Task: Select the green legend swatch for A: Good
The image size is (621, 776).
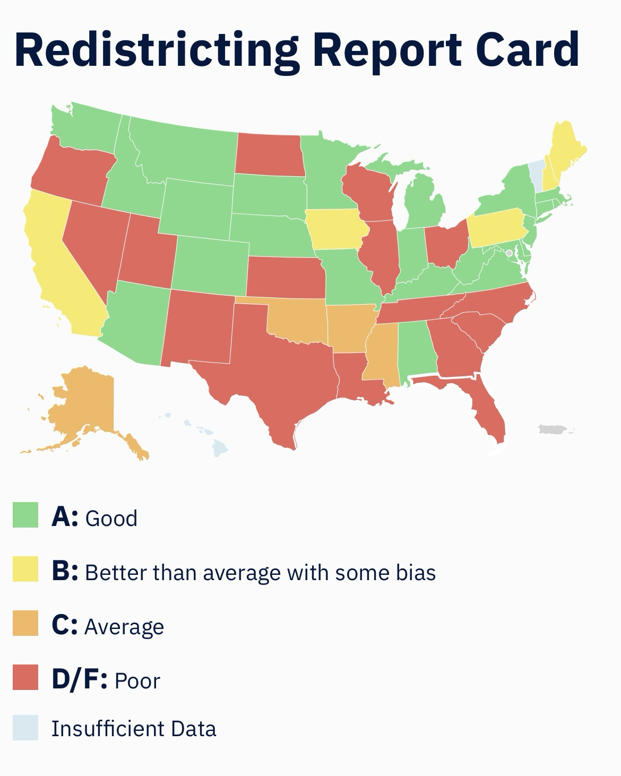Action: coord(25,515)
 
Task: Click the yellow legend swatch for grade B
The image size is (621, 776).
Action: coord(25,569)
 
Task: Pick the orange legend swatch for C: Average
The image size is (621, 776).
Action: coord(25,623)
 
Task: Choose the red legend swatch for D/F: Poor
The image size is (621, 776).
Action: coord(25,677)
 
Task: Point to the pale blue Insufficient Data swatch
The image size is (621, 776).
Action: coord(25,727)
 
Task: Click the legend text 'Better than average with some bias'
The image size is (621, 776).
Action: coord(260,572)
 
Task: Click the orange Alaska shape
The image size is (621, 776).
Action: coord(85,403)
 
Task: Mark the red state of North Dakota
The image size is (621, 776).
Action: coord(270,154)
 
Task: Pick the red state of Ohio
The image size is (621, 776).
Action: coord(447,244)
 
